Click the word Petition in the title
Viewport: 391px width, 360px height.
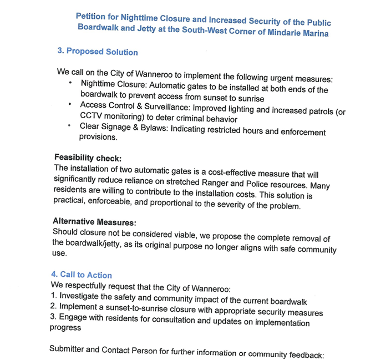(92, 17)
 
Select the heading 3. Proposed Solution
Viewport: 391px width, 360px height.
(98, 52)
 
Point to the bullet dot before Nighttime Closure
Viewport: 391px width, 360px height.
(70, 83)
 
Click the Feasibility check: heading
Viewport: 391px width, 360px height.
(87, 158)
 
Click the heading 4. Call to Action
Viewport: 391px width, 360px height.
(82, 275)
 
